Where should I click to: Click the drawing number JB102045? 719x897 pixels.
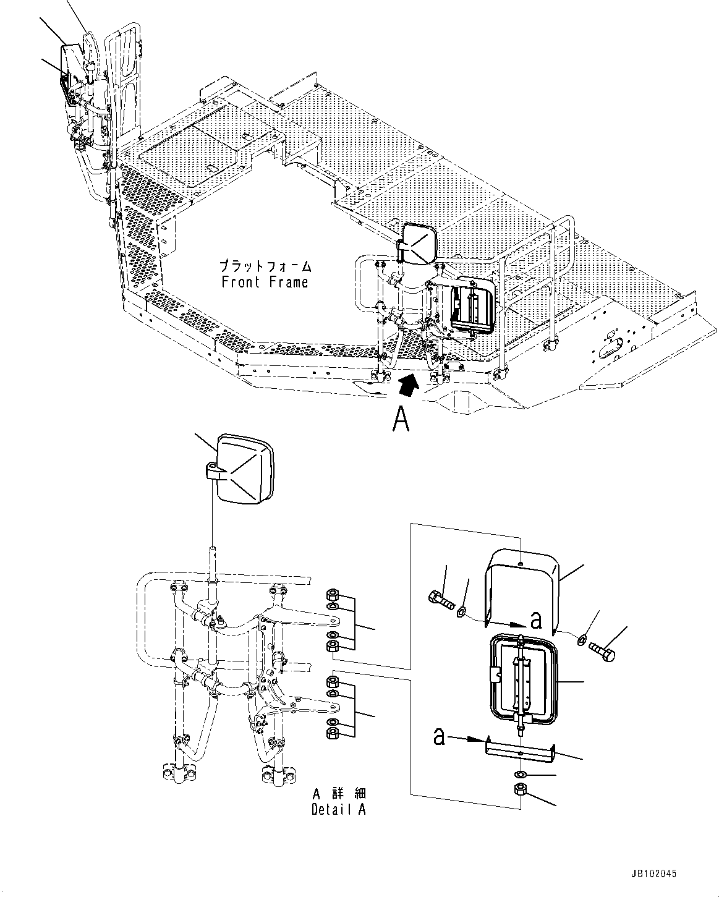pos(655,874)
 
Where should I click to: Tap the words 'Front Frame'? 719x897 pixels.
pos(265,283)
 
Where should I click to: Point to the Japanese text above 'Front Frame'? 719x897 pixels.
pos(265,267)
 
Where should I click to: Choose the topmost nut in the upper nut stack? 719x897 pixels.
pos(331,596)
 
